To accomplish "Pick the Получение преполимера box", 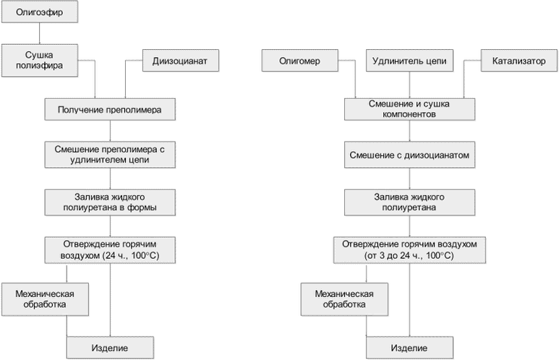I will pyautogui.click(x=109, y=110).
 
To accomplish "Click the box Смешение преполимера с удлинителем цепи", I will pyautogui.click(x=109, y=154).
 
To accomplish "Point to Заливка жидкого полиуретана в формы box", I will pyautogui.click(x=109, y=202).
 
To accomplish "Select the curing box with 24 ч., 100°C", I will pyautogui.click(x=109, y=249).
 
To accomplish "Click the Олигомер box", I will pyautogui.click(x=299, y=61).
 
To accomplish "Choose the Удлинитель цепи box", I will pyautogui.click(x=409, y=61).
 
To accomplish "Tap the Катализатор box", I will pyautogui.click(x=513, y=61).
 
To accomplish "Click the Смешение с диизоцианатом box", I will pyautogui.click(x=409, y=155).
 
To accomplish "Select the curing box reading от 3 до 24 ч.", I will pyautogui.click(x=409, y=249).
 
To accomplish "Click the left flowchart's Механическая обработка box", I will pyautogui.click(x=46, y=299).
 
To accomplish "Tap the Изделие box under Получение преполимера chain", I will pyautogui.click(x=109, y=348).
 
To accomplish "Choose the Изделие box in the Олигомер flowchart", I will pyautogui.click(x=409, y=348).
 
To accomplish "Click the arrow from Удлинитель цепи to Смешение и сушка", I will pyautogui.click(x=409, y=85).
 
